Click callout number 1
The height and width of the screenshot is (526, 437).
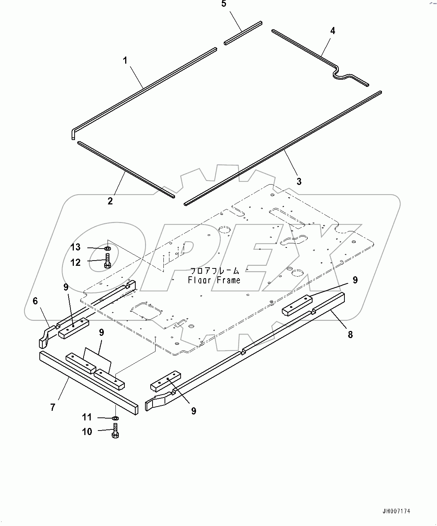126,60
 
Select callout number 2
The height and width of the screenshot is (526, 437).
110,201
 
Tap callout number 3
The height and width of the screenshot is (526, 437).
299,182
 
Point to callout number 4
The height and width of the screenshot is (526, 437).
332,31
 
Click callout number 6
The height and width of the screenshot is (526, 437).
36,301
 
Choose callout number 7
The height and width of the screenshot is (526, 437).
53,407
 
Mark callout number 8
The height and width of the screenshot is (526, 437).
350,334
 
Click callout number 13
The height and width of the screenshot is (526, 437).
76,247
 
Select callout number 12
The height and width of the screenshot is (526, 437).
76,262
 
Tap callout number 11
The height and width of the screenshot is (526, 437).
87,417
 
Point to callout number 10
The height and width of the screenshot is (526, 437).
87,432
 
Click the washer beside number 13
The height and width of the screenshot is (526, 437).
108,248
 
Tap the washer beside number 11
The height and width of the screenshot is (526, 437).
116,418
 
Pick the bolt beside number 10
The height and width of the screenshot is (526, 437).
116,431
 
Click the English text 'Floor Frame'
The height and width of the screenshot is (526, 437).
214,280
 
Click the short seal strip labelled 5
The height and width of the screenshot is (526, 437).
243,34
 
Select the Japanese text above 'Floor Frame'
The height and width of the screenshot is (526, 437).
214,271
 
